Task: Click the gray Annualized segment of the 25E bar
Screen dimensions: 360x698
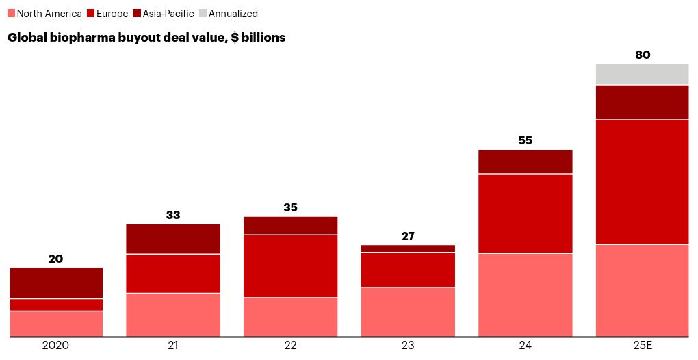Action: click(x=642, y=74)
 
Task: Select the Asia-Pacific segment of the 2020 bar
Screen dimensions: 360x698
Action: click(x=56, y=283)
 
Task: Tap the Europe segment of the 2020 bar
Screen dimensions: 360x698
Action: click(x=56, y=305)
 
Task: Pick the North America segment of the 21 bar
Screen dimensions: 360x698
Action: click(x=173, y=315)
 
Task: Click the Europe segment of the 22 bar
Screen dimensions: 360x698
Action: click(x=290, y=266)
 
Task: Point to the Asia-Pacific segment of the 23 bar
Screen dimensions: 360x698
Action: click(x=408, y=248)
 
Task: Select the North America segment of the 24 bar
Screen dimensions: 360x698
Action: click(x=525, y=295)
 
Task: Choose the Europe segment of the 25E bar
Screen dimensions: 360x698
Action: click(x=642, y=181)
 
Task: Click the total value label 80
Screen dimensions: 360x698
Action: click(x=643, y=55)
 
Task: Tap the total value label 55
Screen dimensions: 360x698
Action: click(x=525, y=140)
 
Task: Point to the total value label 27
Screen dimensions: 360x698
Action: click(x=408, y=236)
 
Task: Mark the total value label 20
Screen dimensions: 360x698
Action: click(x=56, y=259)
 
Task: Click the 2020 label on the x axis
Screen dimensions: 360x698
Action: click(x=56, y=346)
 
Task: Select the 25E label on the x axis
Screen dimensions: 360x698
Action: click(x=642, y=346)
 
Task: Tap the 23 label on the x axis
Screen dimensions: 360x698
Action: click(x=408, y=346)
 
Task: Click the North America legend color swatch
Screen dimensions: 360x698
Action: click(x=11, y=13)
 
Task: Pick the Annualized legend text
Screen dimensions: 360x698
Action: click(x=233, y=14)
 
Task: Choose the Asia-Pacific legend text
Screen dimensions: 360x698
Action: click(x=168, y=14)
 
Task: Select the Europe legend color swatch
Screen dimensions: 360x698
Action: click(x=90, y=13)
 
